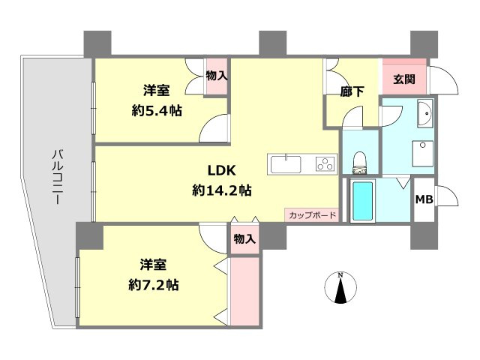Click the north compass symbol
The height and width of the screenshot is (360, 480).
pos(340,289)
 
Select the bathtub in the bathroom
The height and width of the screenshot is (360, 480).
pos(362,199)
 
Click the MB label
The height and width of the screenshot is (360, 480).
pos(424,199)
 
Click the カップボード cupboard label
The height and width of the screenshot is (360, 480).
pos(311,215)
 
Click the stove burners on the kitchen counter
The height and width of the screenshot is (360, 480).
pos(325,162)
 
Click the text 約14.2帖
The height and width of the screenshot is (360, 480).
pos(221,190)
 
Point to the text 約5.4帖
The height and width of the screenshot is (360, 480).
pos(157,109)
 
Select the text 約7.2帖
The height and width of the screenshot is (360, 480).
pos(153,285)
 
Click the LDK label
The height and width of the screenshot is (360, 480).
pos(221,170)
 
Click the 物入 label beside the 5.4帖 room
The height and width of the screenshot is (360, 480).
pos(217,76)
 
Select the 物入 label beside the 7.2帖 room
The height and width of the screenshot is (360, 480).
pos(244,239)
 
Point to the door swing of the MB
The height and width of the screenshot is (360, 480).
pos(445,199)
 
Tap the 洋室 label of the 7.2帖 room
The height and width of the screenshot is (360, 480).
pos(153,265)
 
